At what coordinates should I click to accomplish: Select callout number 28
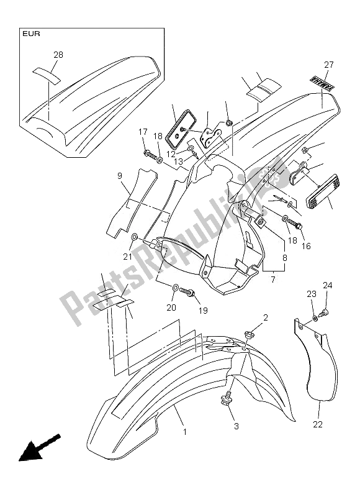pyautogui.click(x=58, y=55)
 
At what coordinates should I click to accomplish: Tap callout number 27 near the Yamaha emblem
pyautogui.click(x=328, y=65)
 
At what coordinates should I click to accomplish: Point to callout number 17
pyautogui.click(x=142, y=132)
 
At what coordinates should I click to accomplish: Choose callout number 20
pyautogui.click(x=171, y=307)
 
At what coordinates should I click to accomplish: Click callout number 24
pyautogui.click(x=328, y=286)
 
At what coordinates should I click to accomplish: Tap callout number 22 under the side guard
pyautogui.click(x=318, y=424)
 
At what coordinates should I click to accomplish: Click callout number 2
pyautogui.click(x=265, y=317)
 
